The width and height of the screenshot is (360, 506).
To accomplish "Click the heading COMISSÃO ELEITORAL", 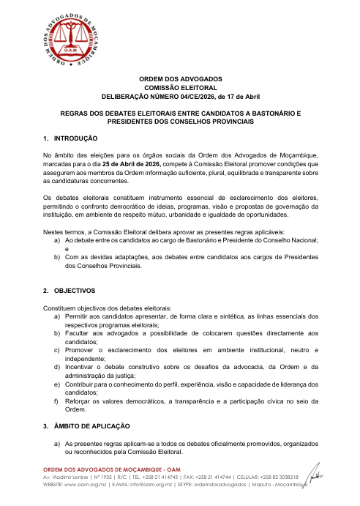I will coord(180,87).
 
